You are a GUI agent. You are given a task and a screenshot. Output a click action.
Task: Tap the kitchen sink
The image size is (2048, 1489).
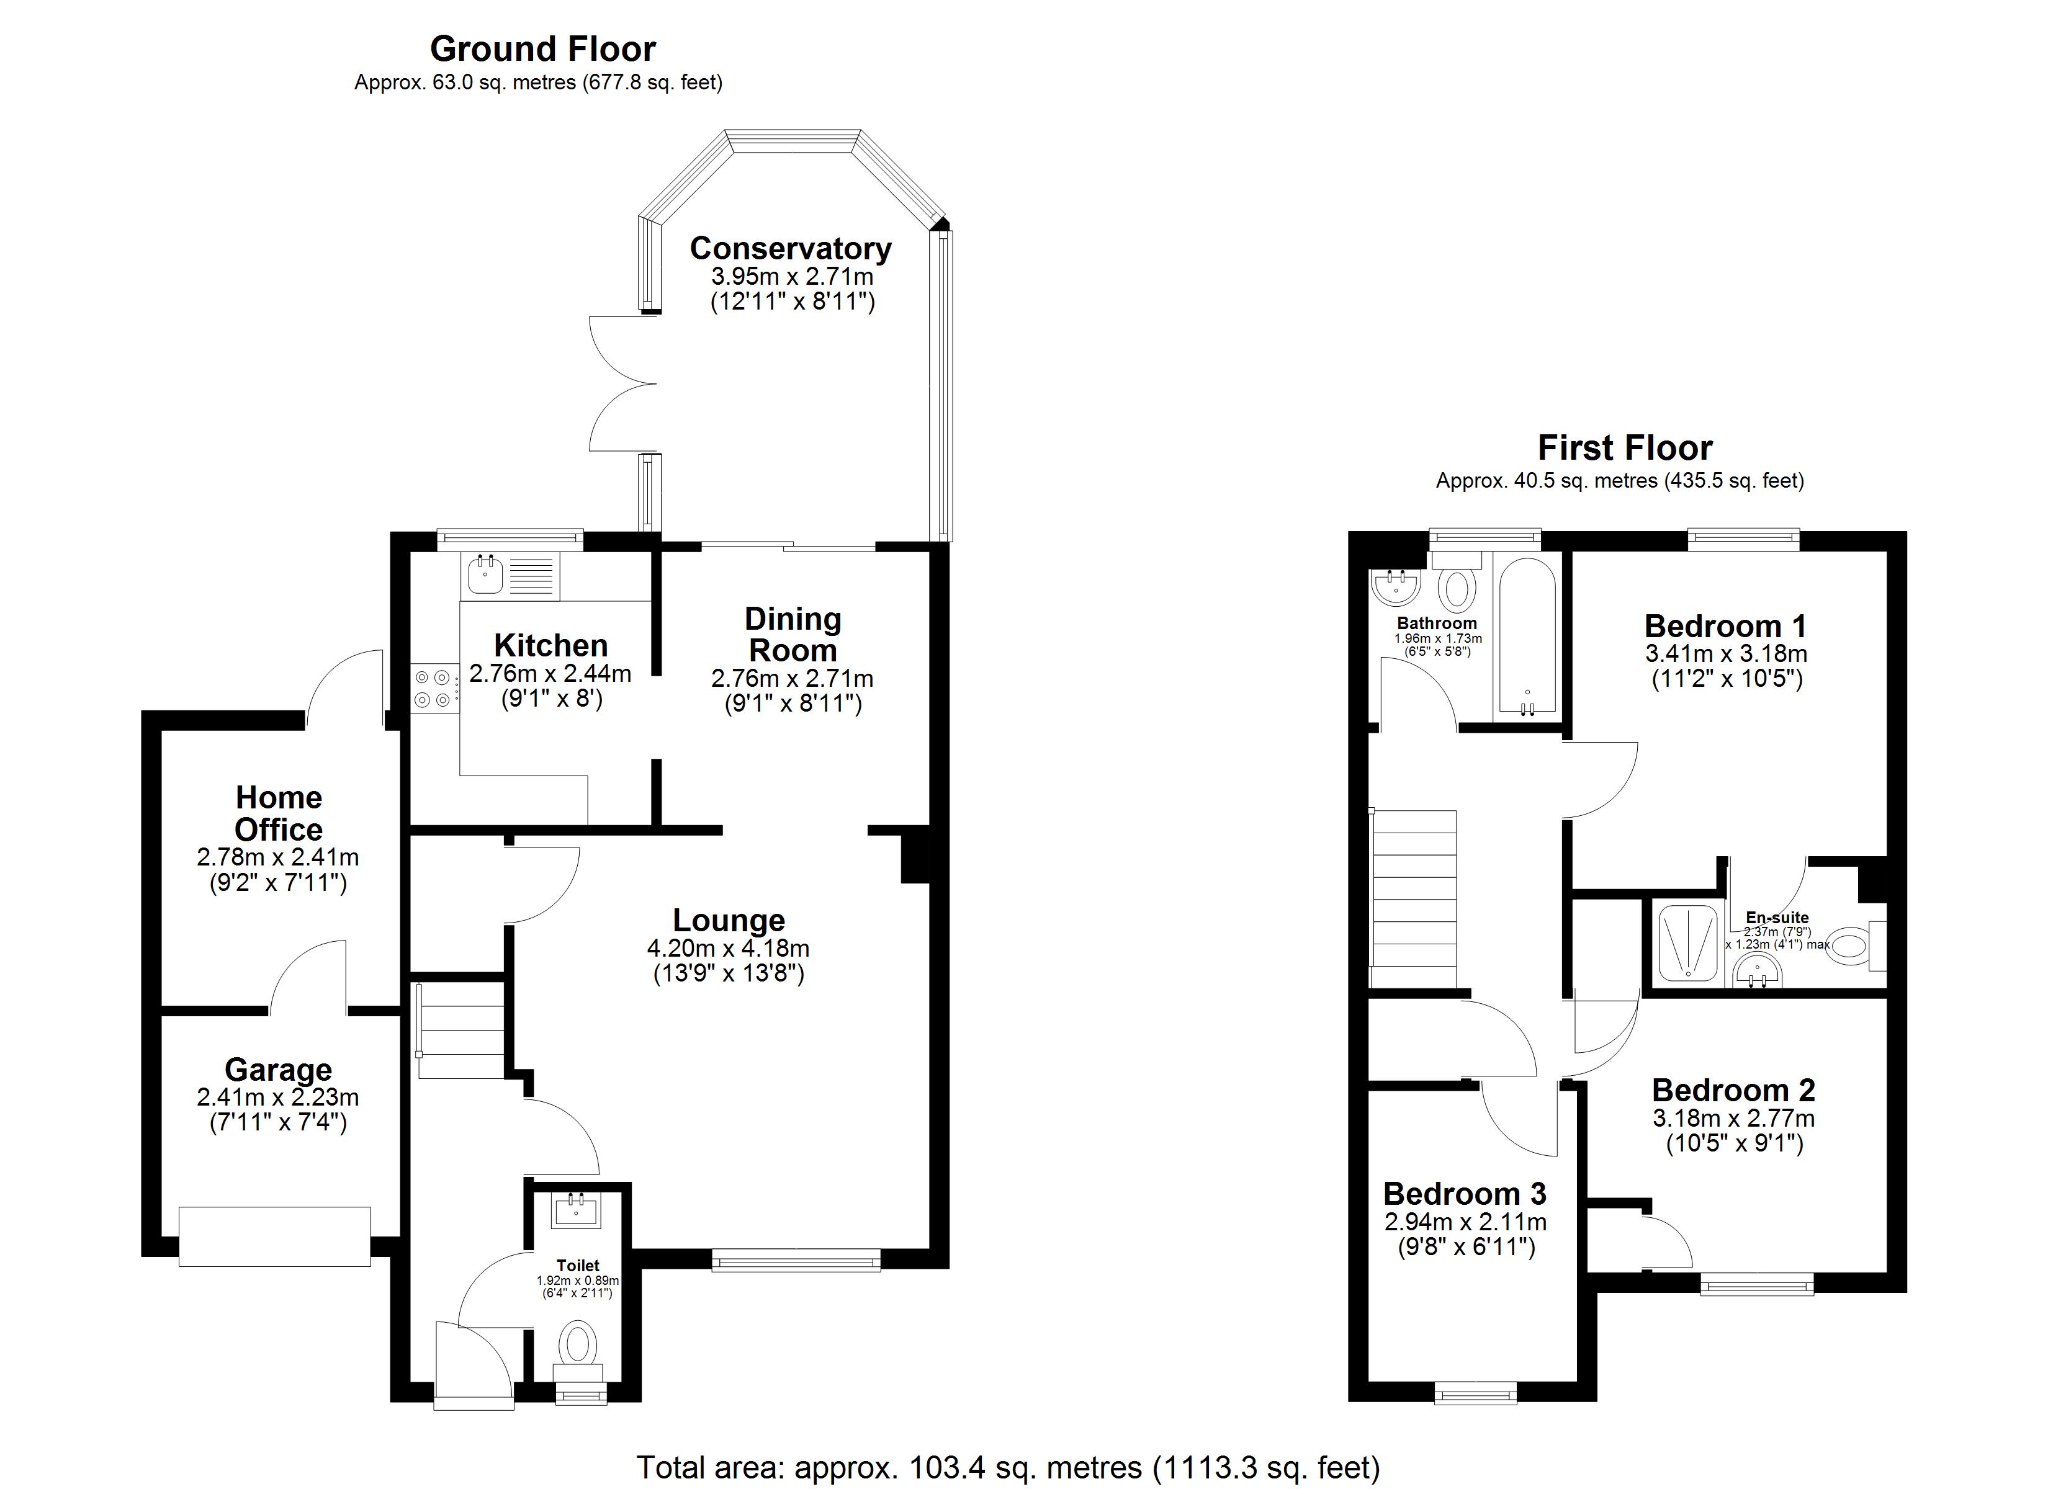[x=486, y=575]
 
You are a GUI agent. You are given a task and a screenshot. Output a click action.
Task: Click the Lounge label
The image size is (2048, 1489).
[x=729, y=920]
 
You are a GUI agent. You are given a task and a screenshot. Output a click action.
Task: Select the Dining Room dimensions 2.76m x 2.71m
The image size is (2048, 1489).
[x=792, y=678]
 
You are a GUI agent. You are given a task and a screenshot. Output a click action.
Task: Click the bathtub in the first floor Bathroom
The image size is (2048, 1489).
[x=1527, y=635]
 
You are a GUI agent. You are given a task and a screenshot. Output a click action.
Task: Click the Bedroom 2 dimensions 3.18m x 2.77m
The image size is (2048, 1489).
[x=1734, y=1119]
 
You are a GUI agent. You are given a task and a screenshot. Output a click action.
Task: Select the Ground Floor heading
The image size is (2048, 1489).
[x=542, y=48]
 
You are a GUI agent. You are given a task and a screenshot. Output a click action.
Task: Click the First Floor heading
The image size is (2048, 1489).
[x=1625, y=448]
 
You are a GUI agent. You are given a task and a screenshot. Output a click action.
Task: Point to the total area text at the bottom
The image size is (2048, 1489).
[x=1008, y=1467]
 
